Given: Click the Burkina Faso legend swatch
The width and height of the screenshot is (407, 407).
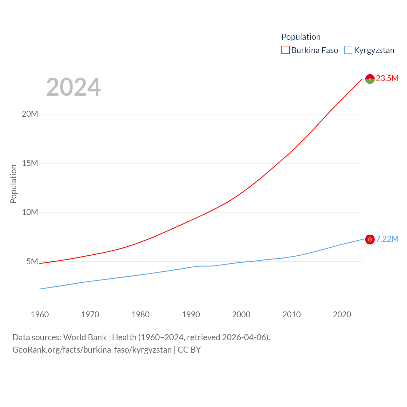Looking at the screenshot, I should tap(286, 50).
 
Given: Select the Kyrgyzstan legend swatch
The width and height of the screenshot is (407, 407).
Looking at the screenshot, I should tap(348, 50).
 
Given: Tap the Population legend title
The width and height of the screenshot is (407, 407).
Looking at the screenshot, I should tap(301, 37).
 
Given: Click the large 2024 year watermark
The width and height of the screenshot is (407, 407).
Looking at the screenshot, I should tap(73, 87).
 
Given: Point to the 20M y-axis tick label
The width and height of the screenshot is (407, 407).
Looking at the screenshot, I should tap(30, 114).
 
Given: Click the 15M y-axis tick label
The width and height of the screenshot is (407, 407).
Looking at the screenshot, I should tap(30, 163).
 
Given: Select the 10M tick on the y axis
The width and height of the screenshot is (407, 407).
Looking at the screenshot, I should tap(30, 212).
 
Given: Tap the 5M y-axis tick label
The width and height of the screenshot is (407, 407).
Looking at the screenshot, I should tap(32, 261).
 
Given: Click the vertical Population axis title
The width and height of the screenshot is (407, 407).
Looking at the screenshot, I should tap(13, 184).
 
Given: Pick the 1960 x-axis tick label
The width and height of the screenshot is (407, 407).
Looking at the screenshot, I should tap(40, 314).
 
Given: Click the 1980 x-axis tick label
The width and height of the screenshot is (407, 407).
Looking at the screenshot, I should tap(141, 314).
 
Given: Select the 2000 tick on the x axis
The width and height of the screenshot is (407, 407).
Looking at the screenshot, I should tap(241, 314).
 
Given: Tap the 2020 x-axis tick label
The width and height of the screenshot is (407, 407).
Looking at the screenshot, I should tap(342, 314).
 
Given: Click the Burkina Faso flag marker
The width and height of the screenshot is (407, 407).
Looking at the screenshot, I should tap(370, 79).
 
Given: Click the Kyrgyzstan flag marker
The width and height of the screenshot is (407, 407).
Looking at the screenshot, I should tap(370, 239).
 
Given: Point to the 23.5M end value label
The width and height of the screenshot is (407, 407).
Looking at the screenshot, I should tap(387, 78).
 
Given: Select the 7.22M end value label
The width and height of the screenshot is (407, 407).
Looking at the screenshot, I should tap(387, 239).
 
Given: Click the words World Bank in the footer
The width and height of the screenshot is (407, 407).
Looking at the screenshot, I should tap(85, 337).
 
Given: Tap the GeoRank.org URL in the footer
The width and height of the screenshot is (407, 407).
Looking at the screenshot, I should tap(92, 350).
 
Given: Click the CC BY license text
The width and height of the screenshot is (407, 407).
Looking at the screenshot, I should tap(189, 350).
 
